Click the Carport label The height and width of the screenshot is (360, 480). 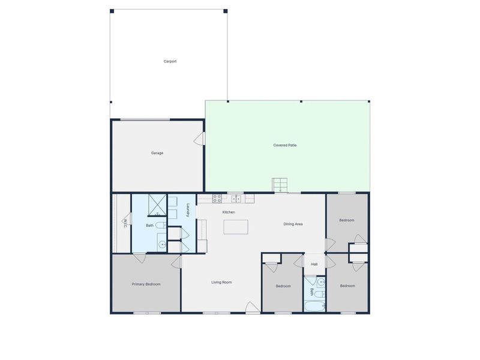coord(170,61)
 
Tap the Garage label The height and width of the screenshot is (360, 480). coord(157,153)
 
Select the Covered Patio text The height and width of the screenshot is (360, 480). coord(285,145)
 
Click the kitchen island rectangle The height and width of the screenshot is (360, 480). coord(236,227)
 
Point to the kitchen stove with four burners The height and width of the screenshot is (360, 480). coord(217,197)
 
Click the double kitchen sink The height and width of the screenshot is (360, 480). coord(237,198)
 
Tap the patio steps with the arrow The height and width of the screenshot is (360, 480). coord(280,185)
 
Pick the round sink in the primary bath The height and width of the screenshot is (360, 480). coord(161,244)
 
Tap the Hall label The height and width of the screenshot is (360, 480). coord(314,265)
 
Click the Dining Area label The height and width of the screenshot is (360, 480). coord(293,224)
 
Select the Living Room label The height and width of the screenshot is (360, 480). coord(221,282)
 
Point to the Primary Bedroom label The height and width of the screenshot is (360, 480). coord(146,284)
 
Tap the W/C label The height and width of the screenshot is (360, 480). coord(125,223)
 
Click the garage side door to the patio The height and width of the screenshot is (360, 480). coord(200,139)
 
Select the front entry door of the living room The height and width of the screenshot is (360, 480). coord(253,308)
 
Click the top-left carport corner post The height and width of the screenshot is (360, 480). coord(112,11)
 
